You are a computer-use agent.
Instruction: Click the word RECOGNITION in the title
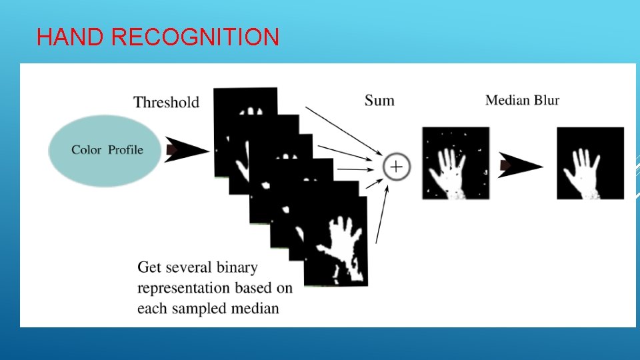coord(195,37)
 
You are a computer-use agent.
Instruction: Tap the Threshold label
coord(166,102)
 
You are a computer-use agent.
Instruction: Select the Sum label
coord(379,101)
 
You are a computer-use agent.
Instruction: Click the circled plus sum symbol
coord(396,166)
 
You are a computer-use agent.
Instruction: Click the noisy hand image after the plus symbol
coord(455,163)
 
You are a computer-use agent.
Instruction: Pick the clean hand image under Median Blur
coord(590,163)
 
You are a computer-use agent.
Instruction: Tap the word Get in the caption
coord(149,268)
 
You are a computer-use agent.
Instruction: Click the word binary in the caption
coord(237,268)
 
